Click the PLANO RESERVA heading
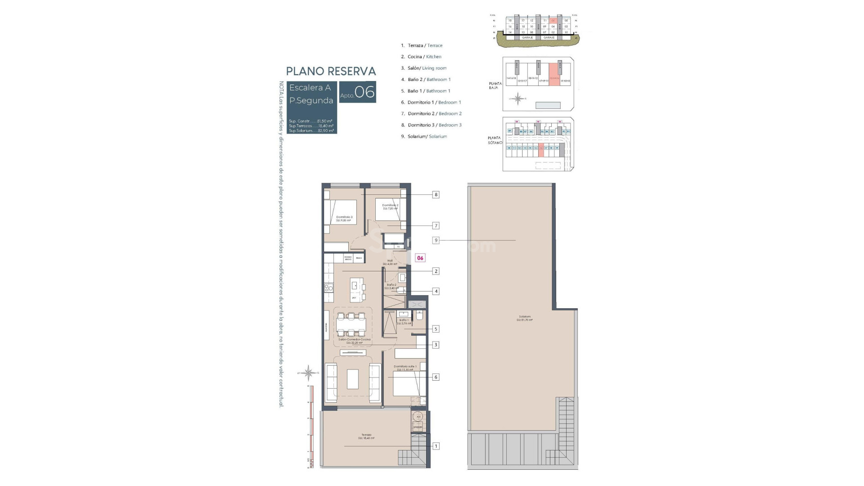[x=331, y=71]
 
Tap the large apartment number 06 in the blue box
[x=364, y=92]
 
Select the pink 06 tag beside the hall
[x=420, y=258]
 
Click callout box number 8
[x=436, y=195]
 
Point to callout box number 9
[x=436, y=240]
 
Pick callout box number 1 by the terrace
[x=436, y=446]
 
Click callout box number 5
[x=436, y=329]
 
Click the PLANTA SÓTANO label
[x=495, y=140]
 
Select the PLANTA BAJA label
[x=495, y=85]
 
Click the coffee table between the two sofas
[x=352, y=379]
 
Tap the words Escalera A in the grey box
[x=310, y=88]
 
